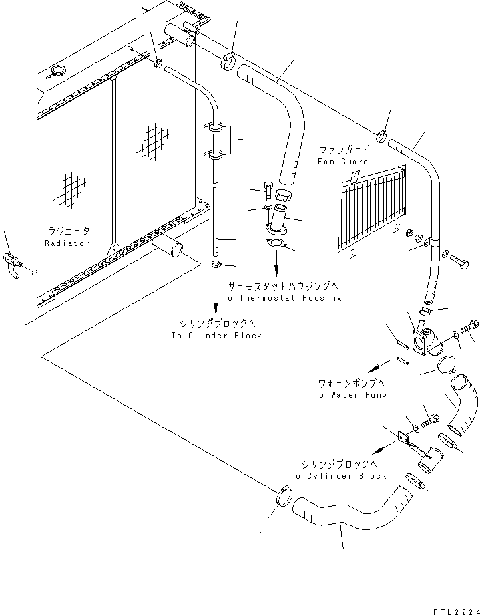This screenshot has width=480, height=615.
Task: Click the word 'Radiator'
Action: (67, 243)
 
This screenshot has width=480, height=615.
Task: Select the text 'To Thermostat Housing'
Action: (281, 298)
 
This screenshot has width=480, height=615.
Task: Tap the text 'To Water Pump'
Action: (350, 395)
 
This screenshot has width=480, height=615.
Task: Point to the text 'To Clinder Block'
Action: (216, 336)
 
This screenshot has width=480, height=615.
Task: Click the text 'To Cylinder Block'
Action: (338, 476)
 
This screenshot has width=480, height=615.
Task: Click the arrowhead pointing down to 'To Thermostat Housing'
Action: (274, 272)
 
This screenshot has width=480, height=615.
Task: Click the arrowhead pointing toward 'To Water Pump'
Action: (375, 366)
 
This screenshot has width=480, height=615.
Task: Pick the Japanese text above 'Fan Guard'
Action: (342, 151)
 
